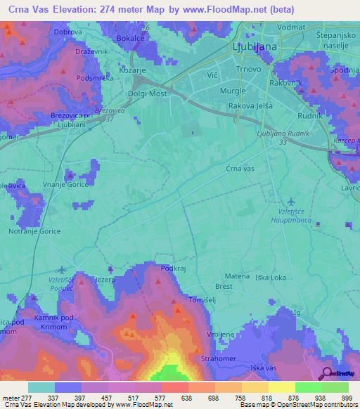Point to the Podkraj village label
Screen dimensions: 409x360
click(x=173, y=268)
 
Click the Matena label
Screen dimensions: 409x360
click(x=237, y=276)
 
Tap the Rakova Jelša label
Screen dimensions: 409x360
click(x=245, y=106)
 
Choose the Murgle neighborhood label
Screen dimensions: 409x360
click(x=233, y=91)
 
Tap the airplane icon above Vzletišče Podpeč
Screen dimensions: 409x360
click(x=61, y=269)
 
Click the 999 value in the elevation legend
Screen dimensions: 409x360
click(x=347, y=397)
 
